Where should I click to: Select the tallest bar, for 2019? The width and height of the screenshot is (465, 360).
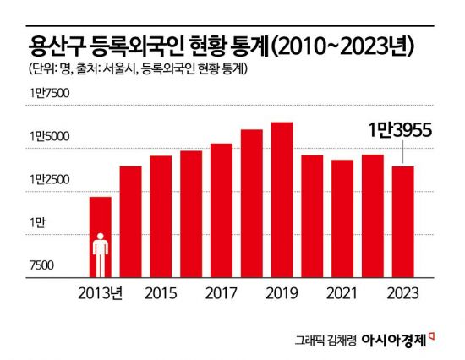tap(282, 199)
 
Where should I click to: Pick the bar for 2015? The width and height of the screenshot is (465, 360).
tap(161, 216)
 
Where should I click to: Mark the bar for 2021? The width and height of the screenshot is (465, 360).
tap(342, 218)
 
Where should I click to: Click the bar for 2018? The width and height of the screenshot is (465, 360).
tap(252, 203)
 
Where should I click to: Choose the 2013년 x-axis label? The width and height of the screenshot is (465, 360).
tap(101, 293)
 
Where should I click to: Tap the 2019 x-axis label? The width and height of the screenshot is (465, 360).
tap(282, 293)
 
